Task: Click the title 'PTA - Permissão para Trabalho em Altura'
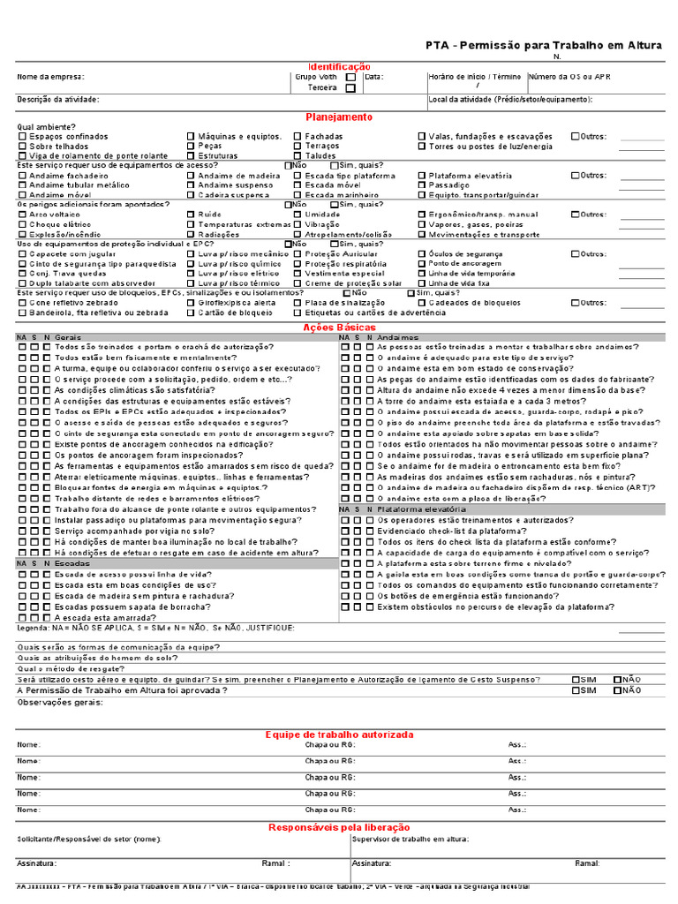pyautogui.click(x=544, y=45)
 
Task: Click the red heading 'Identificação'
pyautogui.click(x=339, y=67)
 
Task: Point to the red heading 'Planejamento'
pyautogui.click(x=339, y=117)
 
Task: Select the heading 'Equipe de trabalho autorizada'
pyautogui.click(x=339, y=734)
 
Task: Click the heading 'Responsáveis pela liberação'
pyautogui.click(x=339, y=827)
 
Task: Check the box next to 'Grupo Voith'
pyautogui.click(x=350, y=78)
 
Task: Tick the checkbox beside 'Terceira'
pyautogui.click(x=350, y=88)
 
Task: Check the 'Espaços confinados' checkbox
pyautogui.click(x=23, y=137)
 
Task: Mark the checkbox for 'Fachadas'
pyautogui.click(x=298, y=137)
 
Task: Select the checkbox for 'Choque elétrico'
pyautogui.click(x=23, y=225)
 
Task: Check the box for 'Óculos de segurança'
pyautogui.click(x=422, y=253)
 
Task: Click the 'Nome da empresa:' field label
pyautogui.click(x=48, y=78)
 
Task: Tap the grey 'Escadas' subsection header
pyautogui.click(x=72, y=562)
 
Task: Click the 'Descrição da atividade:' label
pyautogui.click(x=58, y=99)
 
